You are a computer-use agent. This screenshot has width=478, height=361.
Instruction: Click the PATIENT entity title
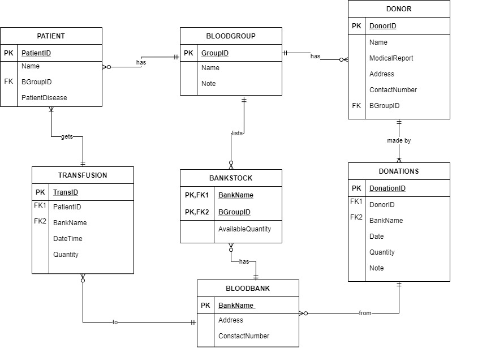51,36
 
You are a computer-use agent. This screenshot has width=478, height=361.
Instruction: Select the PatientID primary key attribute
38,53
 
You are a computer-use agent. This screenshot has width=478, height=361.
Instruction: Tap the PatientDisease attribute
44,98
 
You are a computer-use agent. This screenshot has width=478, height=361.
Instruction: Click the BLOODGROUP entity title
231,36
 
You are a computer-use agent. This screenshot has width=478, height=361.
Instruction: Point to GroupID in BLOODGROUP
215,53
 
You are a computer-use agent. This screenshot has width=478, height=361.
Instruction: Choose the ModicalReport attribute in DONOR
391,58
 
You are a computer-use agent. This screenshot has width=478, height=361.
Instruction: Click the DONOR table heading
399,9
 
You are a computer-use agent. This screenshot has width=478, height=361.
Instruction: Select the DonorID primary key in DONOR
382,26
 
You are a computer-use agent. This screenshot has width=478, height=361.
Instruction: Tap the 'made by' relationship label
399,140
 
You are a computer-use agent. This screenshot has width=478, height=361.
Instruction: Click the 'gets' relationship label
67,137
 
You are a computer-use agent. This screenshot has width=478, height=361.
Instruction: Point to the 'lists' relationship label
237,134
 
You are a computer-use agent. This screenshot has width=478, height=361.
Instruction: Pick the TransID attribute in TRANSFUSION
66,192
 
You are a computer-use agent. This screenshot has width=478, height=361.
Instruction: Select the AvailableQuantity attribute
244,229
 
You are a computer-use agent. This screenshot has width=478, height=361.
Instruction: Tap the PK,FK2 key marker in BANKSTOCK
197,212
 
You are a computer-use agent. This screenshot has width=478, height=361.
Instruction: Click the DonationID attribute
387,188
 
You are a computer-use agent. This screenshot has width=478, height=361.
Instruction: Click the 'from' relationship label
365,313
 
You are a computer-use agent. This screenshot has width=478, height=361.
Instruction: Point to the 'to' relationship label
115,322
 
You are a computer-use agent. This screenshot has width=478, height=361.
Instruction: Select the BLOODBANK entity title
248,289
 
